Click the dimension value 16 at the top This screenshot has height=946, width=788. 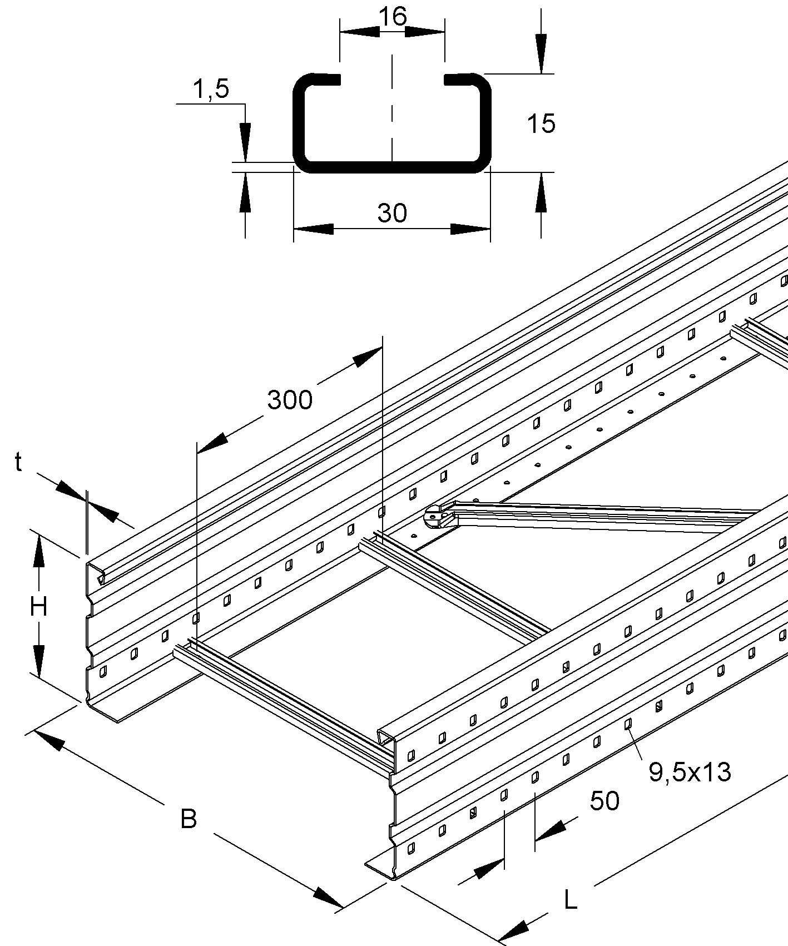tap(393, 17)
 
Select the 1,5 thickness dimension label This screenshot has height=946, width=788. tap(211, 88)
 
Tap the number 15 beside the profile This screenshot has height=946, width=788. tap(541, 123)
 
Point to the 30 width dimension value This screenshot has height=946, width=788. tap(392, 213)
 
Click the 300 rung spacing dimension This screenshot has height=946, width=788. tap(290, 400)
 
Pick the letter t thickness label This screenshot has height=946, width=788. tap(19, 462)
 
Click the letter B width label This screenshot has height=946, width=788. tap(189, 819)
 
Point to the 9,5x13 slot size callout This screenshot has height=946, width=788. tap(690, 772)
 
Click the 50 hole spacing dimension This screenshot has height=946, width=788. tap(604, 801)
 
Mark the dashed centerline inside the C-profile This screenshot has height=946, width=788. tap(393, 111)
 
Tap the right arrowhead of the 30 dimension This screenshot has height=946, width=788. tap(470, 229)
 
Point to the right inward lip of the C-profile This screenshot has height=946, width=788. tap(459, 79)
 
